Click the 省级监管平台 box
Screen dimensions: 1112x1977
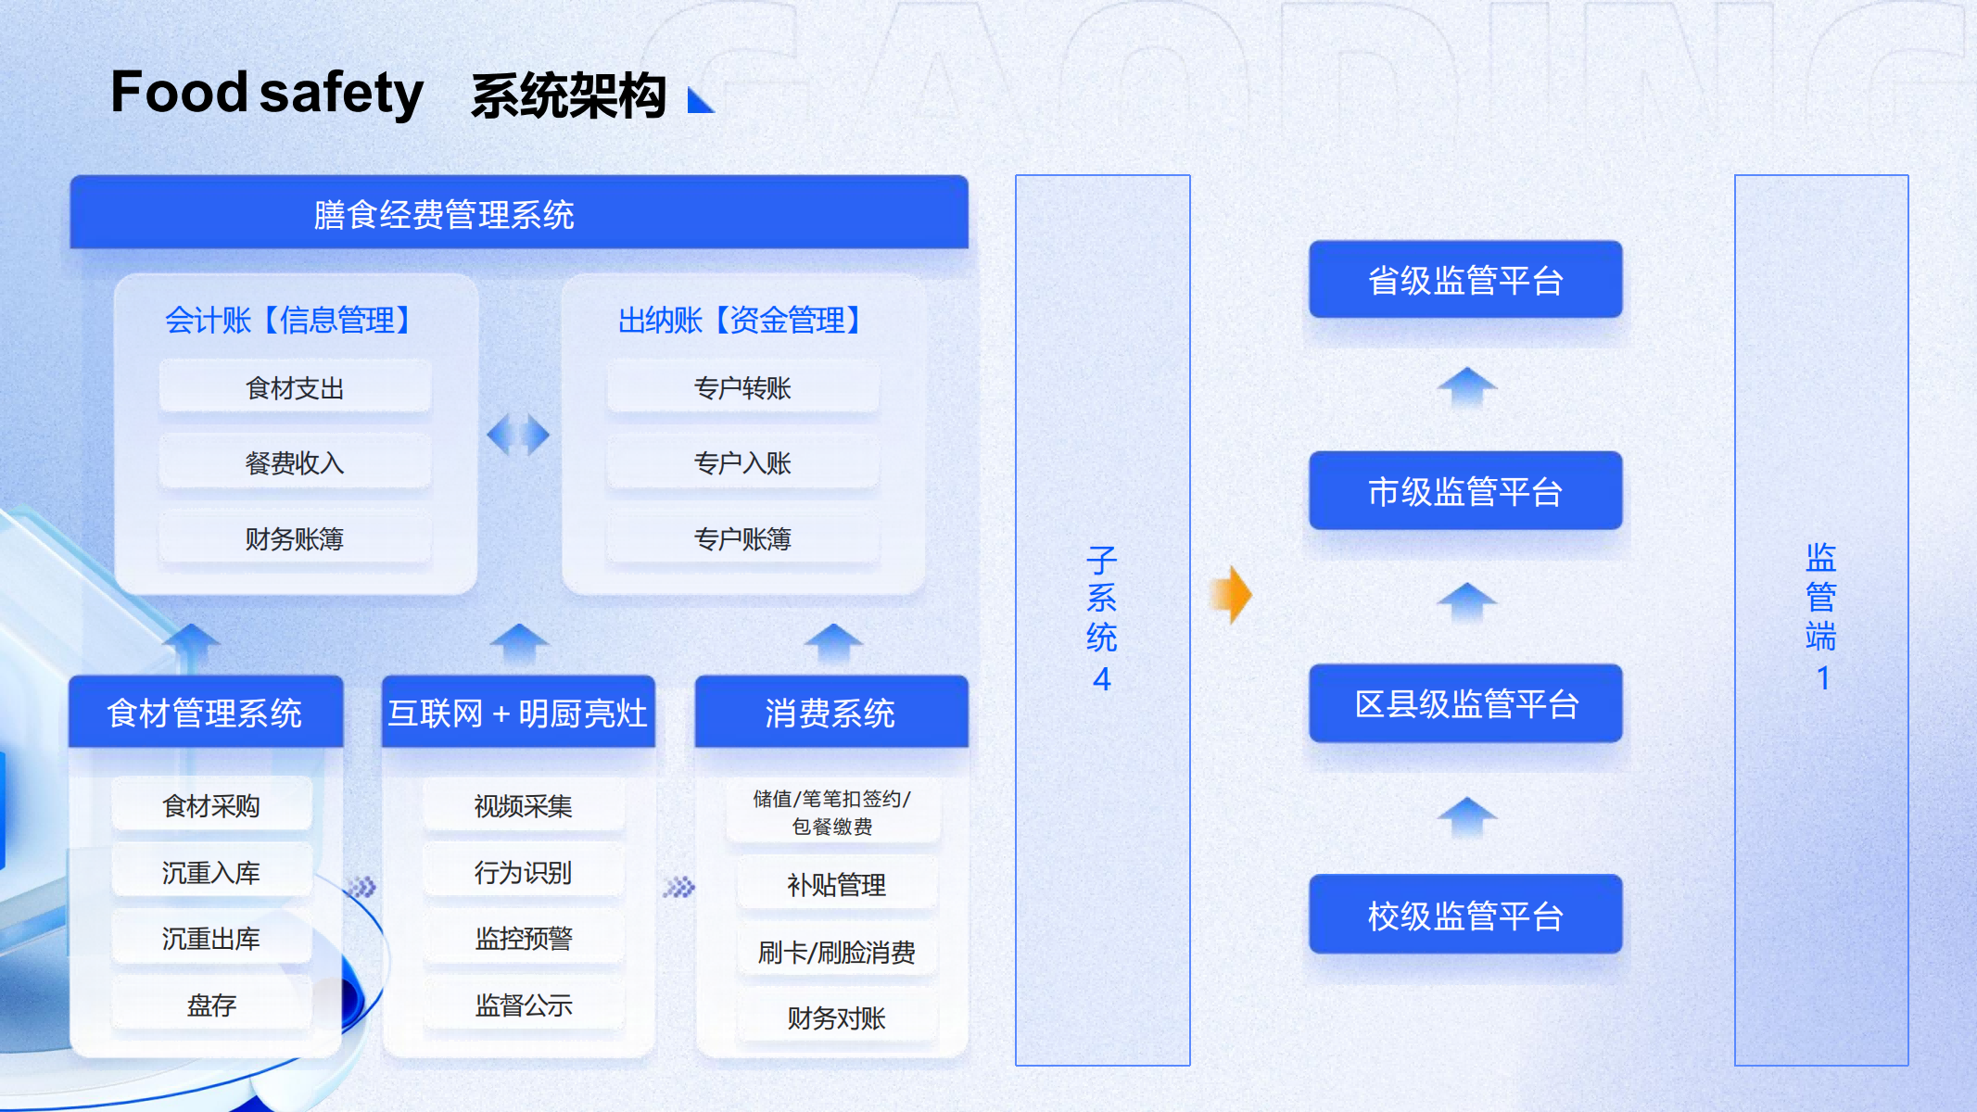(1464, 280)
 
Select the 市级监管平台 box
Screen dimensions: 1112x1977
(1464, 491)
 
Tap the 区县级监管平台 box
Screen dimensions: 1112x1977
(1464, 703)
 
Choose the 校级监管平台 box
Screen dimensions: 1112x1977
(1464, 915)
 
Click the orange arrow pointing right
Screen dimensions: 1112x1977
(1232, 594)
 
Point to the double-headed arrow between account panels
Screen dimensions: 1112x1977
(518, 435)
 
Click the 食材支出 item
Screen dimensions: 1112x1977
(295, 387)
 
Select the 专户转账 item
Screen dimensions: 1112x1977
(742, 387)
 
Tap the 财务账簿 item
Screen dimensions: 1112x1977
(295, 538)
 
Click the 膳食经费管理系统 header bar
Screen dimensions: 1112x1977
(519, 214)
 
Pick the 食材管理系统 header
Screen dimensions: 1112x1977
(205, 713)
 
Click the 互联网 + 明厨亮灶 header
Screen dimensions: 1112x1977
(517, 713)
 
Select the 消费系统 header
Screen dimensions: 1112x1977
(830, 713)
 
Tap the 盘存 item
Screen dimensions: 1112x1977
(211, 1005)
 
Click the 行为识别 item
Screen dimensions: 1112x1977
(523, 872)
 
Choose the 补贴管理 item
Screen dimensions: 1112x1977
(836, 885)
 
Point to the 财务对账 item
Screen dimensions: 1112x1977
(836, 1018)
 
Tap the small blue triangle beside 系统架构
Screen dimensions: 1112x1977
(700, 100)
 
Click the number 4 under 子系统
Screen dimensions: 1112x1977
(1101, 679)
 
